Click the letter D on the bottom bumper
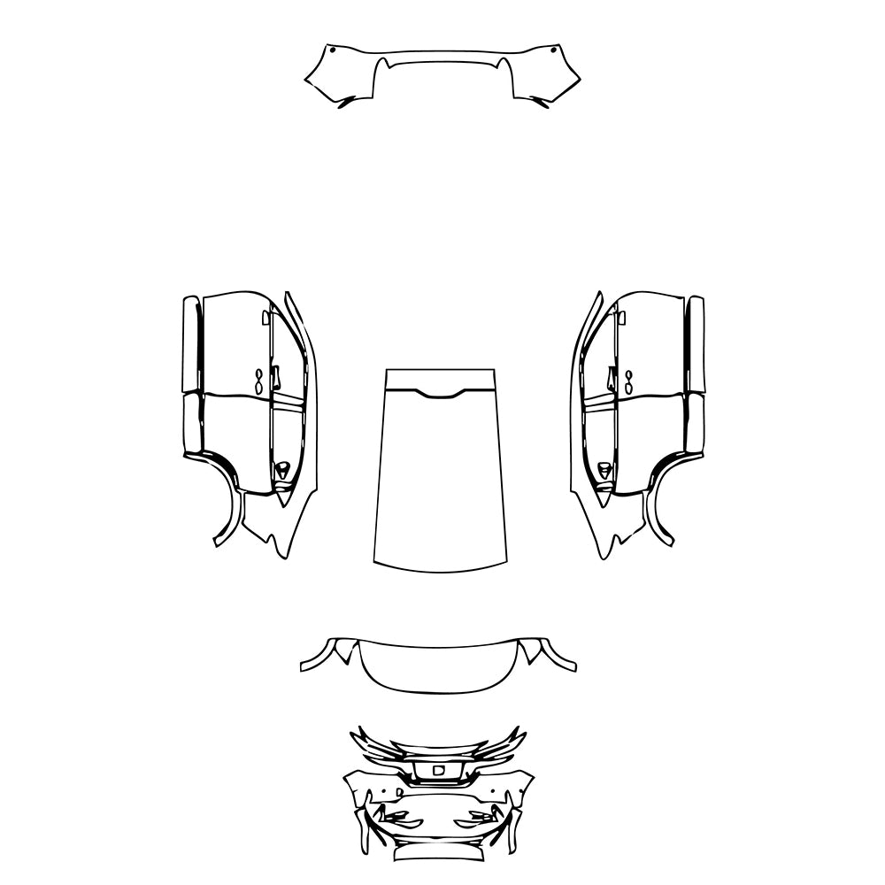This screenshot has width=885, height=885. [x=437, y=771]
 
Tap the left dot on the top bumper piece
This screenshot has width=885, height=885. [x=331, y=51]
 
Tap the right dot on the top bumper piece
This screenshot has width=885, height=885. [x=554, y=51]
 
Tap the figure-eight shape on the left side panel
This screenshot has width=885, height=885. [x=258, y=381]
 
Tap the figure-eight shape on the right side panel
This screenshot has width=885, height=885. [x=628, y=381]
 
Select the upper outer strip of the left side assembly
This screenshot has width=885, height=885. [x=190, y=345]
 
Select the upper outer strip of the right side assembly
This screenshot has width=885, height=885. [x=696, y=345]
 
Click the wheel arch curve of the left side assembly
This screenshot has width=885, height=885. [x=228, y=504]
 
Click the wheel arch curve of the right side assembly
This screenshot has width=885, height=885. [x=658, y=504]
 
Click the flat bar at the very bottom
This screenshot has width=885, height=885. [x=440, y=854]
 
